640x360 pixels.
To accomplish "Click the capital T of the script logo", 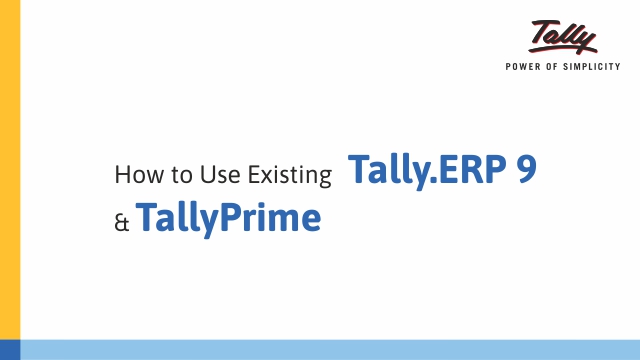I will point(541,30).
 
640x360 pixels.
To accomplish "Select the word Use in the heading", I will point(201,176).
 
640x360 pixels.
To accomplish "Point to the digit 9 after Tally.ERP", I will point(525,171).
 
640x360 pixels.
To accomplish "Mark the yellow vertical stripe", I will point(10,180).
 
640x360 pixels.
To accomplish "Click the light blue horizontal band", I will point(330,349).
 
